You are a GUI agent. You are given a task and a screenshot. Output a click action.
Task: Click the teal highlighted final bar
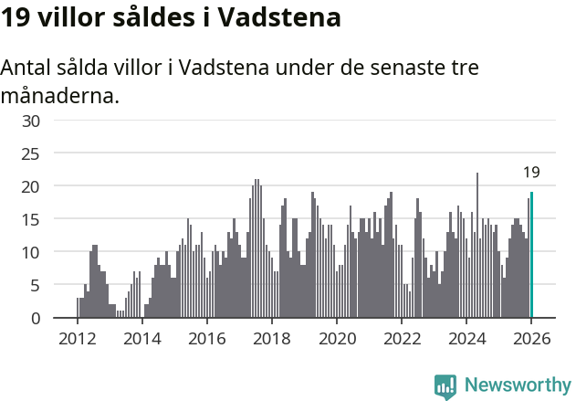pyautogui.click(x=531, y=255)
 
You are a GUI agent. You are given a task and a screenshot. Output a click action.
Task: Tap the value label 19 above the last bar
pyautogui.click(x=531, y=172)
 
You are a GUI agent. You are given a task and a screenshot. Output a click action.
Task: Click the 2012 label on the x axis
pyautogui.click(x=77, y=338)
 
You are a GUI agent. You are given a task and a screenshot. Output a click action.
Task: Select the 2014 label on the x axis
pyautogui.click(x=141, y=338)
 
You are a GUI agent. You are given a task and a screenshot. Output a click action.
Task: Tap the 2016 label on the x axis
pyautogui.click(x=206, y=338)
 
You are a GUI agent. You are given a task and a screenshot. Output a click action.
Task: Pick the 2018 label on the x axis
pyautogui.click(x=271, y=338)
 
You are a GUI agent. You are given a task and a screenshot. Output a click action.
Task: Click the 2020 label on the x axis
pyautogui.click(x=336, y=338)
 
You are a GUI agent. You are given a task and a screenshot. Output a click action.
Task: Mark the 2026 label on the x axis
pyautogui.click(x=531, y=338)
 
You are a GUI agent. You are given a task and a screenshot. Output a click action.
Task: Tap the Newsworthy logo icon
pyautogui.click(x=445, y=385)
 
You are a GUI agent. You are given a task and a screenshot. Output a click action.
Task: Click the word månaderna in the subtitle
pyautogui.click(x=60, y=95)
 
